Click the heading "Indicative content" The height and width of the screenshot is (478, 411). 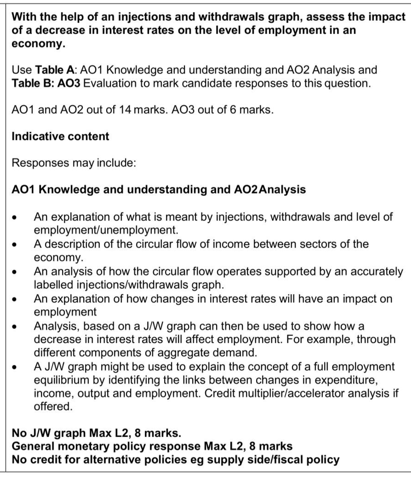(60, 137)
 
